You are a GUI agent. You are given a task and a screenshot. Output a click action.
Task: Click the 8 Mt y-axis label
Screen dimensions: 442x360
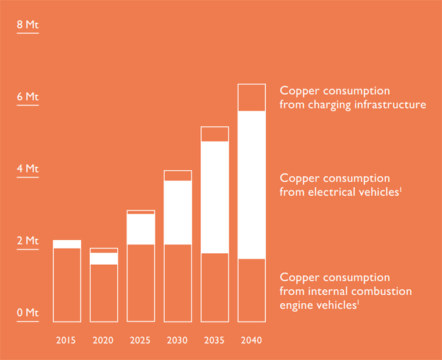point(27,25)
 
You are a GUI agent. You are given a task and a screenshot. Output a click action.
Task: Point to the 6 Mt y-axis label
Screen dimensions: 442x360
point(27,97)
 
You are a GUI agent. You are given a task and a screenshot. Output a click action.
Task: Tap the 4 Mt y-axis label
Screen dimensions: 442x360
point(27,169)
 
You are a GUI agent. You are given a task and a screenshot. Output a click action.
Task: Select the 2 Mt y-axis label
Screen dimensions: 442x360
point(27,241)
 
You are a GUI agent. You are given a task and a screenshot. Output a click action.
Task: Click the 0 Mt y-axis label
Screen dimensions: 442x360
point(27,312)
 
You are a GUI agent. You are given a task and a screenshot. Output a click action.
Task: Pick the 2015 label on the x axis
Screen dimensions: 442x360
point(66,340)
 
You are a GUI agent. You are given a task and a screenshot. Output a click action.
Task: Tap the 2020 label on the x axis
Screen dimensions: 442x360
point(103,340)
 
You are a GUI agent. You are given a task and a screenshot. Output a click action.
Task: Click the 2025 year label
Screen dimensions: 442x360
point(140,340)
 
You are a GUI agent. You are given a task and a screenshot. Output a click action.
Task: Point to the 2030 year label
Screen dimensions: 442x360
point(177,340)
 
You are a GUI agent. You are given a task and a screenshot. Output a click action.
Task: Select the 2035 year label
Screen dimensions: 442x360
point(214,340)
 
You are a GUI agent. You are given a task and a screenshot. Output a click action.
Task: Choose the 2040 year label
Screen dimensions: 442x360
point(252,340)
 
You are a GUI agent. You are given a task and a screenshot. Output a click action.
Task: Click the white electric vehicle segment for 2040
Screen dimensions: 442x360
point(252,185)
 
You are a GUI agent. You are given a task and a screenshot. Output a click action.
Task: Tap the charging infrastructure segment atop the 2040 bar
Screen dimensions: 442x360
point(252,98)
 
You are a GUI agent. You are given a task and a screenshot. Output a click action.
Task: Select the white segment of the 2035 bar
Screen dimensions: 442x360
point(215,197)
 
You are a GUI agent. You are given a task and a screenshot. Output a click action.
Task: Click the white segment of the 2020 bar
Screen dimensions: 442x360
point(104,259)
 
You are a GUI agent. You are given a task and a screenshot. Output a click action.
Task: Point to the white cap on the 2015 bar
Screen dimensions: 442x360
point(67,244)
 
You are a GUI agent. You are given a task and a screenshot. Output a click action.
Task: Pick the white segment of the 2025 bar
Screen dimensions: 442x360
point(141,229)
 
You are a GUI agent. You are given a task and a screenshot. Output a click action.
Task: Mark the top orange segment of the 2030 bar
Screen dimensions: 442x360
point(178,176)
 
